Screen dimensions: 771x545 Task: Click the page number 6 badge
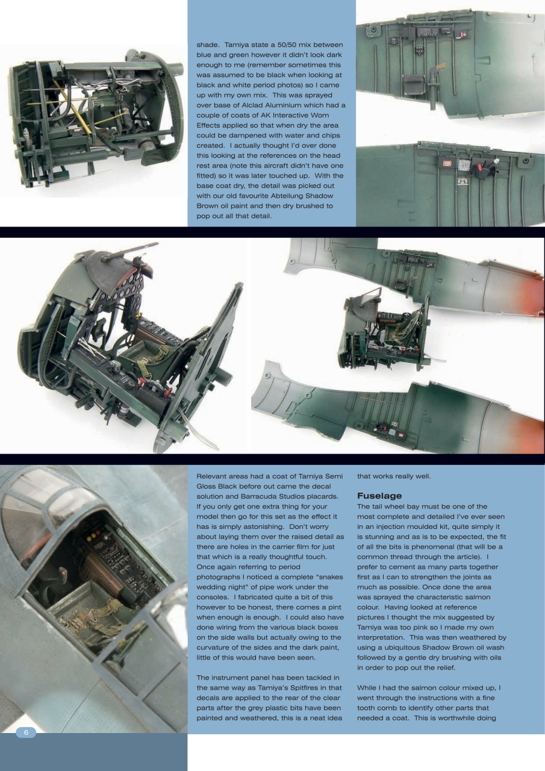pos(26,732)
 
